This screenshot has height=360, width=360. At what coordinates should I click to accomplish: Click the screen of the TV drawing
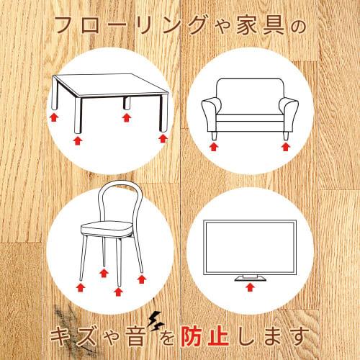(249, 246)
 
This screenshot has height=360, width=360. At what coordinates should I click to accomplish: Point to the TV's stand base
(249, 276)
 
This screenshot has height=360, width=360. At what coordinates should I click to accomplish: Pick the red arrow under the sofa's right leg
(286, 148)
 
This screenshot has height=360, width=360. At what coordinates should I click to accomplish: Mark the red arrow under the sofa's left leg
(212, 148)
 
